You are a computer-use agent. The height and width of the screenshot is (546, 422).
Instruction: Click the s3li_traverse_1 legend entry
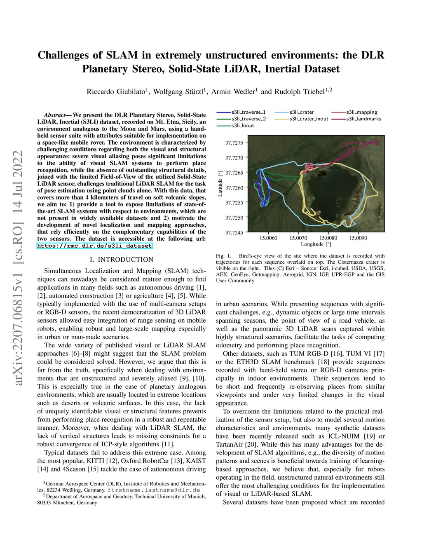click(249, 112)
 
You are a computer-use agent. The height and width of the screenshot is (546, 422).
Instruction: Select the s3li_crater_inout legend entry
click(309, 119)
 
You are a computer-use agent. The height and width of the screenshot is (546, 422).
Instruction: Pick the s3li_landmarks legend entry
click(363, 119)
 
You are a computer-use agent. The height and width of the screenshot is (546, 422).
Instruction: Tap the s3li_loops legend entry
click(243, 126)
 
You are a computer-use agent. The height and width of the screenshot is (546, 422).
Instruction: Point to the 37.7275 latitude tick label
click(234, 143)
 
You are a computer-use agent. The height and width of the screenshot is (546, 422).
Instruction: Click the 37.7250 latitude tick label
click(234, 218)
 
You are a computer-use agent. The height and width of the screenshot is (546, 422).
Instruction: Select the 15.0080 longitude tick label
click(328, 238)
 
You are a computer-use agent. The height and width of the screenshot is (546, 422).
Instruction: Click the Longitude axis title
click(316, 244)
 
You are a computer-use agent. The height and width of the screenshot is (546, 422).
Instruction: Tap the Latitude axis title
click(220, 183)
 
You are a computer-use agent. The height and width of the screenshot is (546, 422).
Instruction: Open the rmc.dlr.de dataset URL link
click(94, 246)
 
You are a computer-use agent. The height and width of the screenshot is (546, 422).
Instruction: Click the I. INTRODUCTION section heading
click(122, 260)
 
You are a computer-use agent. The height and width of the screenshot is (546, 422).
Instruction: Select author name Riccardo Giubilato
click(116, 91)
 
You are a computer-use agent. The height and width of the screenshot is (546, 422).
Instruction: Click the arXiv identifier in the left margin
click(19, 268)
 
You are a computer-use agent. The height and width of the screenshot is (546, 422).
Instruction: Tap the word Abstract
click(55, 115)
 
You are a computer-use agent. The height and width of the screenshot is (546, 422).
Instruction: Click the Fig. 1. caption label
click(224, 256)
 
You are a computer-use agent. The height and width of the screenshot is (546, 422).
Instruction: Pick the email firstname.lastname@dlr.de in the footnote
click(154, 490)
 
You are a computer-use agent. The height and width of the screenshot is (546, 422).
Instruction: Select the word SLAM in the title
click(122, 55)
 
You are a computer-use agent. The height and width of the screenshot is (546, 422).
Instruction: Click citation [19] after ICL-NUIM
click(369, 436)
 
